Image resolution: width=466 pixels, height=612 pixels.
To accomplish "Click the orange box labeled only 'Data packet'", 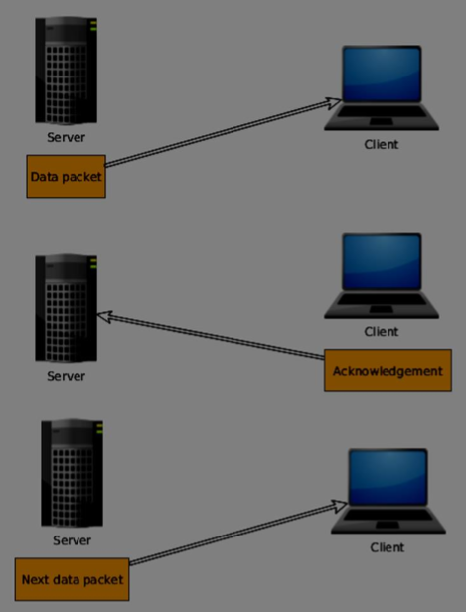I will pos(66,177).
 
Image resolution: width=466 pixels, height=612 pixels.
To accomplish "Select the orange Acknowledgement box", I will pos(387,371).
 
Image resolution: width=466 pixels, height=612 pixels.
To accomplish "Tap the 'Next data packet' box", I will pos(73,579).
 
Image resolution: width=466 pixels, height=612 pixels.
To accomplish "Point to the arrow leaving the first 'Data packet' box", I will pos(219,133).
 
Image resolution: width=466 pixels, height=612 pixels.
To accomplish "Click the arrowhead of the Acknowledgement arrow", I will pos(102,317).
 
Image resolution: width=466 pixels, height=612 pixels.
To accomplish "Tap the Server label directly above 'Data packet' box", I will pos(66,137).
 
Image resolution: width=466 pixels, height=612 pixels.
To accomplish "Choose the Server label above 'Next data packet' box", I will pos(72,540).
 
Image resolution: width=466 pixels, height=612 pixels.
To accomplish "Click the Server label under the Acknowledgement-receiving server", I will pos(66,376).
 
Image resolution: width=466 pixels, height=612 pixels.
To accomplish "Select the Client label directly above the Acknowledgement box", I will pos(381,332).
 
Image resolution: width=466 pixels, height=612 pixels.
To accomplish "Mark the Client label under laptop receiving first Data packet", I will pos(381,144).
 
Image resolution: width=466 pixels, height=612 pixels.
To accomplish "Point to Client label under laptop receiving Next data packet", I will pos(388,546).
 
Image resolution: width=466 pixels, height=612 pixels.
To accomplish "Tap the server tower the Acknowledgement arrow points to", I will pos(66,307).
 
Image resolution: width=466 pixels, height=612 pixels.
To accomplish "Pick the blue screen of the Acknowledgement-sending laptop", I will pos(381,266).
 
